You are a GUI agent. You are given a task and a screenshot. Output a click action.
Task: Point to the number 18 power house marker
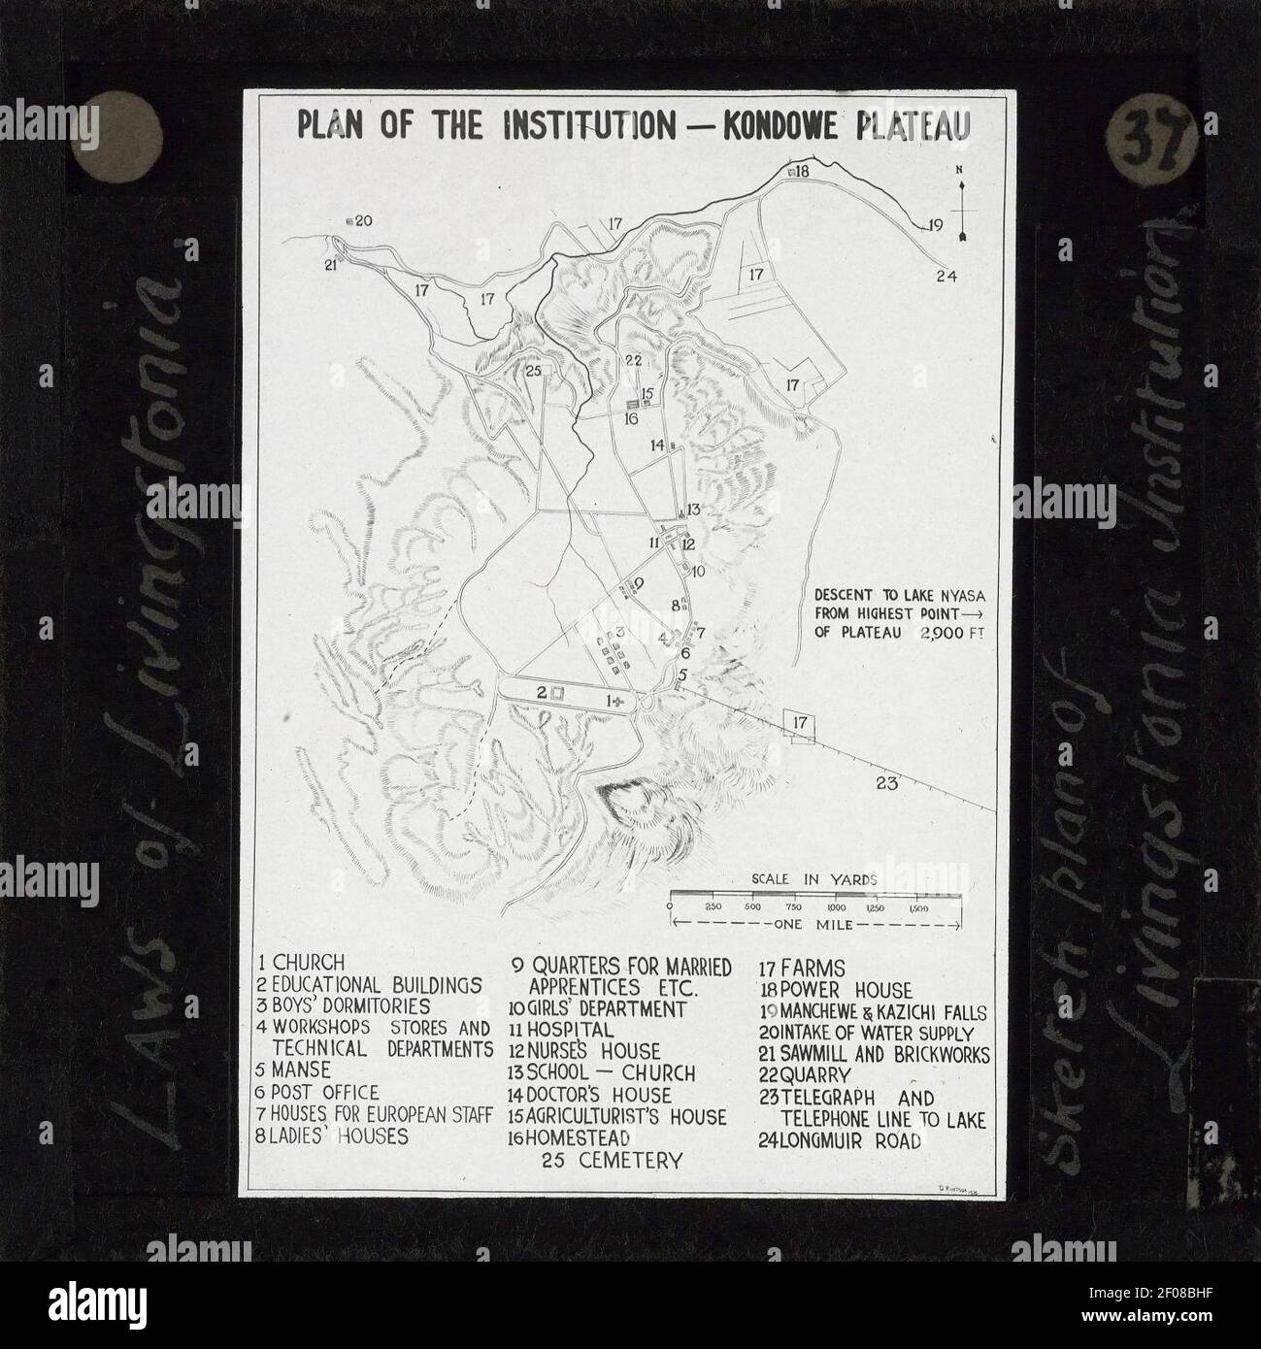pyautogui.click(x=800, y=172)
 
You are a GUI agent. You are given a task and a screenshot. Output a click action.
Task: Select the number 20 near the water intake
pyautogui.click(x=362, y=221)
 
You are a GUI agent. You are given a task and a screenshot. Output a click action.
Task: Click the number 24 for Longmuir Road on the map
pyautogui.click(x=946, y=277)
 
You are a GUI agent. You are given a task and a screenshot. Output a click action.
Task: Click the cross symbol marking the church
pyautogui.click(x=618, y=700)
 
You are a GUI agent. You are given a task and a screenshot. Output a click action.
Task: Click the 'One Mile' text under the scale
pyautogui.click(x=813, y=925)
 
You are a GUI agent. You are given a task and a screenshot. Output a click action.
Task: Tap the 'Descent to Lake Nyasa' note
pyautogui.click(x=885, y=613)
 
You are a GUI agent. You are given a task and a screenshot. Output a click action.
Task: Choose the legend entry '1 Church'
pyautogui.click(x=302, y=963)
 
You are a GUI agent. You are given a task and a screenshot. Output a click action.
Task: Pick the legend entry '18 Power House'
pyautogui.click(x=836, y=990)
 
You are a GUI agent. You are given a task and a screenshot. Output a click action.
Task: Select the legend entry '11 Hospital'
pyautogui.click(x=562, y=1030)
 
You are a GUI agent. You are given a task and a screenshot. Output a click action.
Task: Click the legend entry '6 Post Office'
pyautogui.click(x=318, y=1093)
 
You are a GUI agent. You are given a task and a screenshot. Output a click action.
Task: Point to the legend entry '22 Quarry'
pyautogui.click(x=806, y=1076)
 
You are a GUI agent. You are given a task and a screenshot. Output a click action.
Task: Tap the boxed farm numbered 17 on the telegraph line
pyautogui.click(x=800, y=723)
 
